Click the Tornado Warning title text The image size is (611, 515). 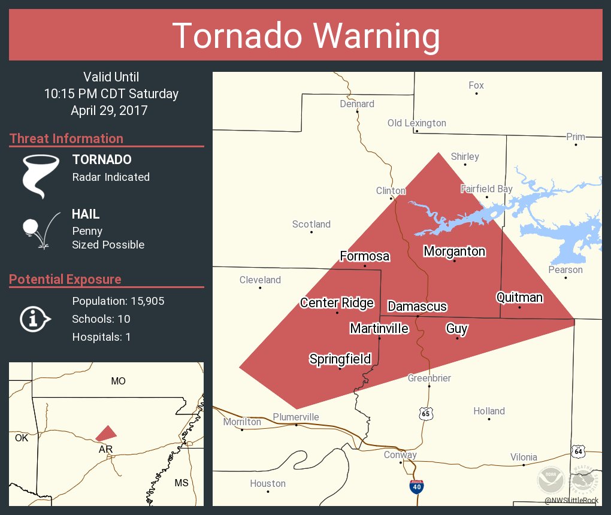305,36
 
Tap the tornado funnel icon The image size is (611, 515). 40,175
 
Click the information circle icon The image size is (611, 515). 35,319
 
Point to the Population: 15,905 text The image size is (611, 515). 118,301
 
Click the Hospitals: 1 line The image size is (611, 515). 101,337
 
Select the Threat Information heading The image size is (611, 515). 66,138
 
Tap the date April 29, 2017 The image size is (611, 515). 109,110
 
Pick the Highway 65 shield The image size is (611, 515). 425,413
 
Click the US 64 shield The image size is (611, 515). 577,450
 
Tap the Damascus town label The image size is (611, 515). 418,306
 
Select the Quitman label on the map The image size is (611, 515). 519,297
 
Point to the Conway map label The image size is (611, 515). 400,455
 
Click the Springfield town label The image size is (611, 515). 340,359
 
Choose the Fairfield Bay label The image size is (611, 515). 486,189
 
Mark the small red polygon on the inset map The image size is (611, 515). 107,432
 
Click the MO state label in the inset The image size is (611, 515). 118,381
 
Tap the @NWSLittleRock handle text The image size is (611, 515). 571,500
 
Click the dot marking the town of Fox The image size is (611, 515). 476,93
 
